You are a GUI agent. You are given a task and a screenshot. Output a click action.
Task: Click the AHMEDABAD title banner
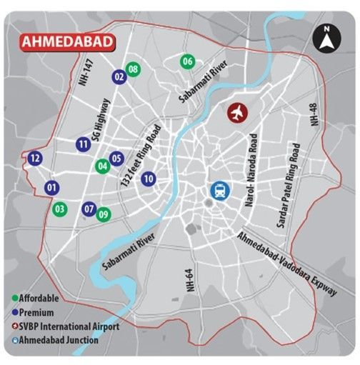click(67, 41)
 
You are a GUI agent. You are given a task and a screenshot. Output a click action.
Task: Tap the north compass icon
click(326, 37)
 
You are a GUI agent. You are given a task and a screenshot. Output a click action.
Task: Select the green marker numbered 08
click(133, 69)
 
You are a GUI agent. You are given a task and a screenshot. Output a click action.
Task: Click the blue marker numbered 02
click(119, 76)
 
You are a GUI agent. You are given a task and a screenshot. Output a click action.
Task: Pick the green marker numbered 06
click(187, 61)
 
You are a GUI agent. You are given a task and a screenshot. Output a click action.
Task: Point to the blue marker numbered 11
click(84, 146)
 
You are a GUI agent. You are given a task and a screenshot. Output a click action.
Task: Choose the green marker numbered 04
click(103, 166)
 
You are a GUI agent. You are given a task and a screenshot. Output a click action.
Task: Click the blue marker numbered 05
click(117, 159)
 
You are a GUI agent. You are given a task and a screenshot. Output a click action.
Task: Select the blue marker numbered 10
click(148, 179)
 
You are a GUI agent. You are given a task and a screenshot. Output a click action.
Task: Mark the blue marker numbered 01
click(51, 188)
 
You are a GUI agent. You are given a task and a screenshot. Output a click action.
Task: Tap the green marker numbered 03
click(60, 209)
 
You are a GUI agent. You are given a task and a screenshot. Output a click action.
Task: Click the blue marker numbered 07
click(89, 209)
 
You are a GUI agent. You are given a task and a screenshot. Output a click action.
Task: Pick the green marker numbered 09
click(104, 214)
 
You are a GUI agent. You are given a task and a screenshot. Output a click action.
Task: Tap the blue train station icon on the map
click(218, 191)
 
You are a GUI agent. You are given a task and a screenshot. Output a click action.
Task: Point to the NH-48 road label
click(313, 114)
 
